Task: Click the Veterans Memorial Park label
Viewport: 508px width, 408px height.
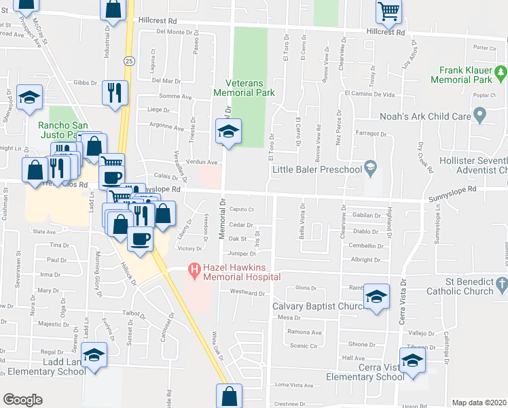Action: pos(244,87)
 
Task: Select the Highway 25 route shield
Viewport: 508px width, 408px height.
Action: pos(128,61)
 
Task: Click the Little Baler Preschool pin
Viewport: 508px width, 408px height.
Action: pos(370,166)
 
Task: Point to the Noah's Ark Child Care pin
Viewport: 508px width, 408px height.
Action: pos(480,116)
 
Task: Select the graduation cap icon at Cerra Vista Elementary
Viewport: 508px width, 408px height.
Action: pos(412,360)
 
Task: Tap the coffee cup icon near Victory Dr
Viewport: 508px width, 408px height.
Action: pos(141,239)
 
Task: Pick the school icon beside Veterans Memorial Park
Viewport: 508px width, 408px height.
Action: pos(230,131)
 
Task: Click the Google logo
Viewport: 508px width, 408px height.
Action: pos(22,399)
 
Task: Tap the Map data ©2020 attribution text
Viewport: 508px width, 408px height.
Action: pos(478,403)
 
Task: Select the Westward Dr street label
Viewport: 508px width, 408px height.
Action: pos(247,293)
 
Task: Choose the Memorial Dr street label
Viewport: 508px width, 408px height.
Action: pos(222,218)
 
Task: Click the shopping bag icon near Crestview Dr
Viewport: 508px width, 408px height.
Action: pos(230,396)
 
